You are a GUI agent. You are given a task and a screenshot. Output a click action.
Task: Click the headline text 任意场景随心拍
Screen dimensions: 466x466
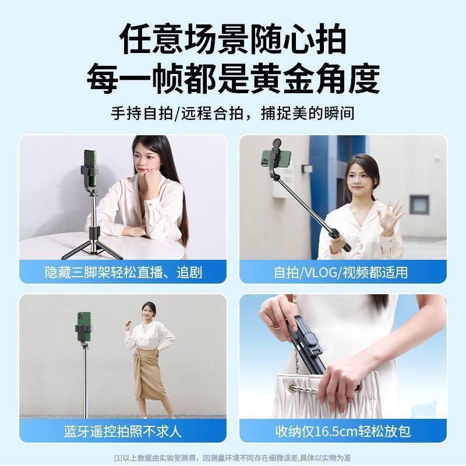pyautogui.click(x=233, y=39)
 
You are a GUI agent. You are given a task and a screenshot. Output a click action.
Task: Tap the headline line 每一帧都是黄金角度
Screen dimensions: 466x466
pyautogui.click(x=233, y=78)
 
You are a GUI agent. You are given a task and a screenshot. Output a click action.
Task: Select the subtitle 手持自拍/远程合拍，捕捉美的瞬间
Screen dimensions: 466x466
pyautogui.click(x=232, y=113)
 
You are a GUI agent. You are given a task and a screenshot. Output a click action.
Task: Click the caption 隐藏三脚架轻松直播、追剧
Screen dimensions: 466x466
pyautogui.click(x=123, y=272)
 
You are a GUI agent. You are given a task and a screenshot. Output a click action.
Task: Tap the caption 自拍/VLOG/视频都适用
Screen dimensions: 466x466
pyautogui.click(x=341, y=272)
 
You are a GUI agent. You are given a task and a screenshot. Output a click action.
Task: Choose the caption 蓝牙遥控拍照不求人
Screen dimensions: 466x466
pyautogui.click(x=123, y=431)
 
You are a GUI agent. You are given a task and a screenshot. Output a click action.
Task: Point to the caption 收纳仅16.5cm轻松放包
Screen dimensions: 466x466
pyautogui.click(x=343, y=431)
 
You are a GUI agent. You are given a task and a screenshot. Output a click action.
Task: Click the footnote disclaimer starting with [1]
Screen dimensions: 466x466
pyautogui.click(x=232, y=458)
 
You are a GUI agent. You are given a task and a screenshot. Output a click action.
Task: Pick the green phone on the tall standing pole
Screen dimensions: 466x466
pyautogui.click(x=84, y=327)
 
